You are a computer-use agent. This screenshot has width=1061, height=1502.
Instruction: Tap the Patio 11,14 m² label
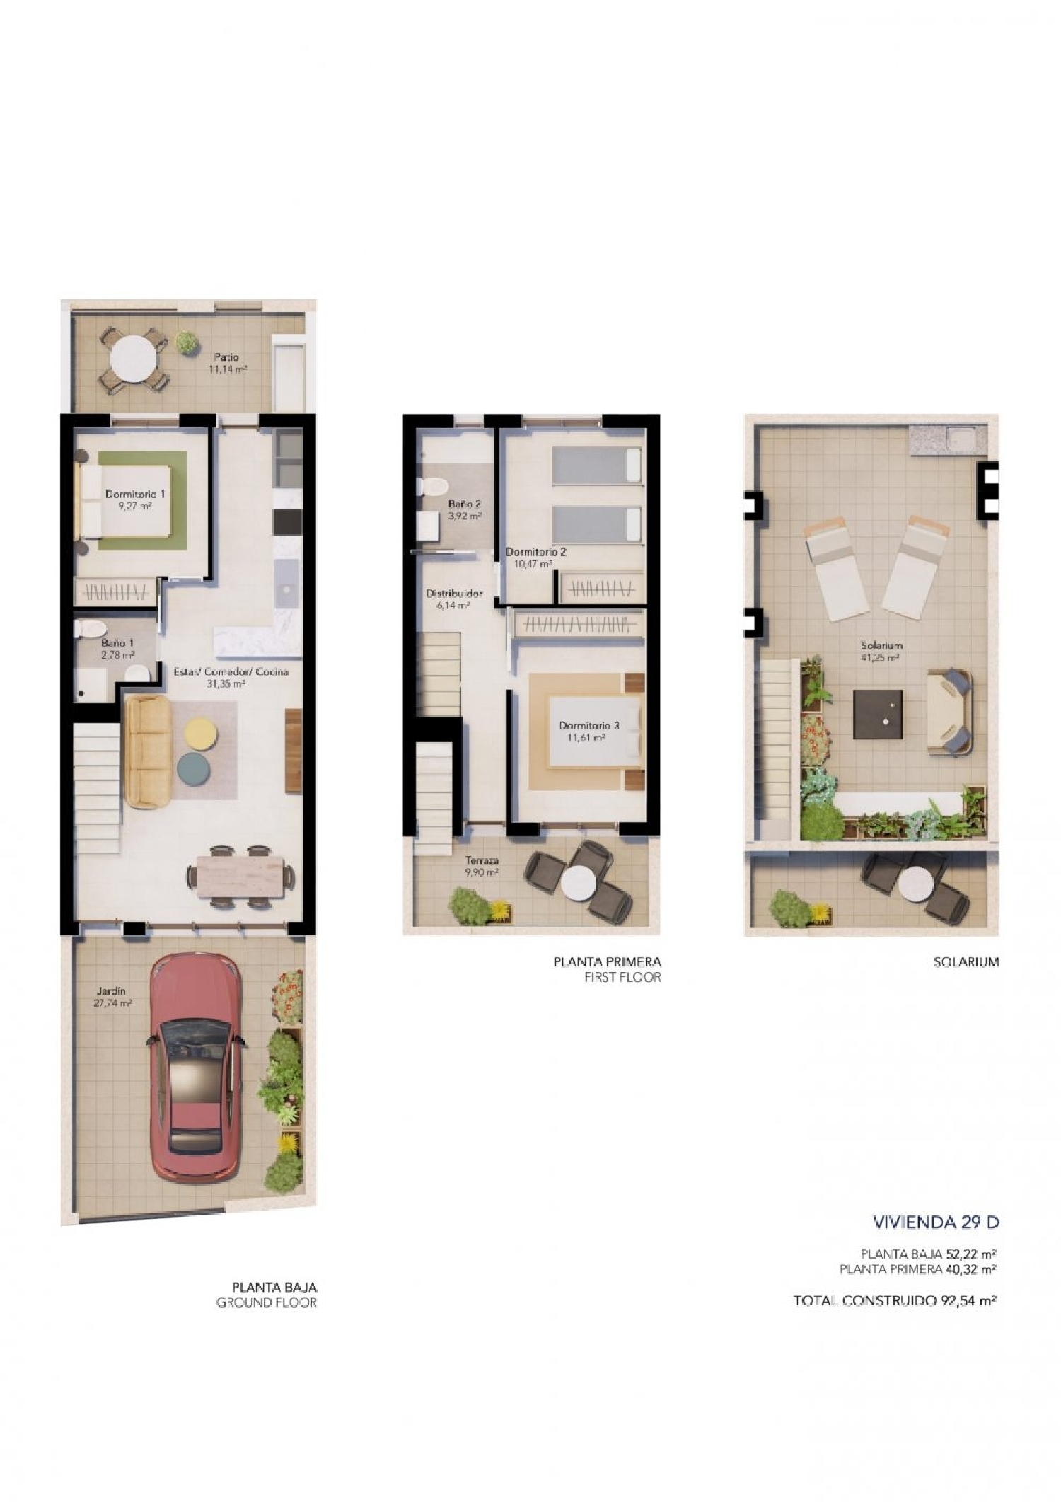point(227,363)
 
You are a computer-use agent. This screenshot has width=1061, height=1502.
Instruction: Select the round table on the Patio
point(134,359)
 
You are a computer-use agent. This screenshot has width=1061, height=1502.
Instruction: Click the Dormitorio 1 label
point(134,494)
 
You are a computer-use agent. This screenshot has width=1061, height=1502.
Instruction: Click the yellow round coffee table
point(199,732)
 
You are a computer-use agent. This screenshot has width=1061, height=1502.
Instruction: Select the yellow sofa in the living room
point(148,751)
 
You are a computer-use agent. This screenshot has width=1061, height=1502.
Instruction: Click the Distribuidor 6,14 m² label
point(454,599)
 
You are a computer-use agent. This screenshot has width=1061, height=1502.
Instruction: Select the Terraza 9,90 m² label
point(482,866)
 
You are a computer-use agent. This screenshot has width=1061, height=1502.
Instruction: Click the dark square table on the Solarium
point(878,715)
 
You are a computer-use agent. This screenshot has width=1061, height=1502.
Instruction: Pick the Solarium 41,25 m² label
point(881,651)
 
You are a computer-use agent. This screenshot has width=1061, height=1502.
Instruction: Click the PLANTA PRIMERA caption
point(607,961)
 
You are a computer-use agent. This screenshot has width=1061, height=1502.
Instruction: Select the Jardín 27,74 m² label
point(112,997)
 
